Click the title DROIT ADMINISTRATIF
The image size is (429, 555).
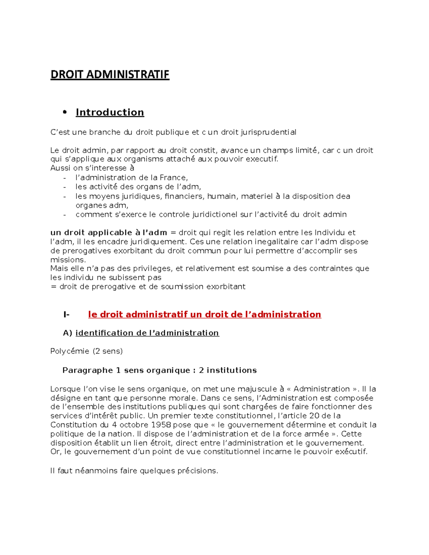click(x=110, y=74)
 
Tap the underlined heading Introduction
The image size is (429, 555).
click(x=110, y=112)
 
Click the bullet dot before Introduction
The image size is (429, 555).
click(x=65, y=112)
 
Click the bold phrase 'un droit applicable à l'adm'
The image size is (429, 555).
click(x=109, y=233)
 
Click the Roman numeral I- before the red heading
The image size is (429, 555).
click(x=66, y=314)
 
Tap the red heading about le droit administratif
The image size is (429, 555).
click(x=204, y=314)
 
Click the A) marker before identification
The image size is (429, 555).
click(x=68, y=333)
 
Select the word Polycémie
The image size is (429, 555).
click(x=70, y=351)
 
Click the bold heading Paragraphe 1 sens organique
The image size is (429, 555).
click(x=159, y=370)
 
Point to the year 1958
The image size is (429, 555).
click(x=161, y=425)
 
